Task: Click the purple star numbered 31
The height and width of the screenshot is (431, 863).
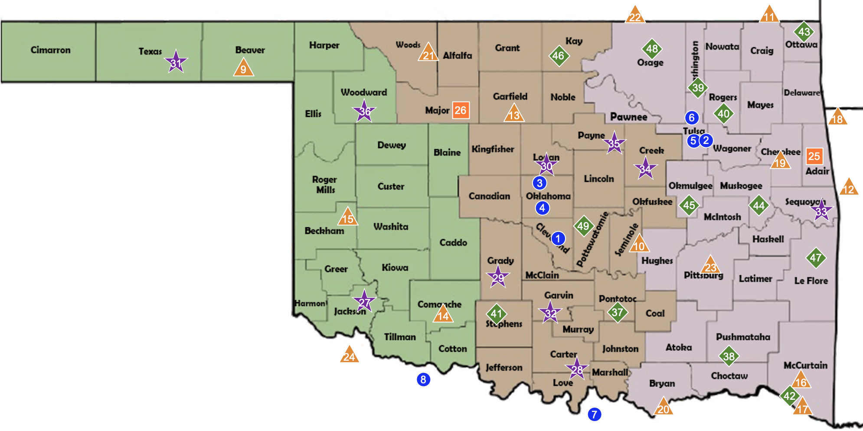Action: (176, 63)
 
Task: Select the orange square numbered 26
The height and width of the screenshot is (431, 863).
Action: (460, 110)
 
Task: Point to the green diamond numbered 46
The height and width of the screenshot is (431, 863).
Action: (559, 56)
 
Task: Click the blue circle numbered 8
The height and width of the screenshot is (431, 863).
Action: (423, 379)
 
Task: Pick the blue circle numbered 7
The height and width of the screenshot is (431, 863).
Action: (594, 414)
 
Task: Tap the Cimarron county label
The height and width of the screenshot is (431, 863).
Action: (50, 50)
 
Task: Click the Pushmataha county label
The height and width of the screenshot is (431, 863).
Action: (743, 337)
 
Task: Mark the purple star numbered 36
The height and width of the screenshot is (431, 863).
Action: (364, 111)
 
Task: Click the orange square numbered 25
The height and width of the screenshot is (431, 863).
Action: (814, 156)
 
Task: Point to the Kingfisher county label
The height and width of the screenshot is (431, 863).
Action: (493, 149)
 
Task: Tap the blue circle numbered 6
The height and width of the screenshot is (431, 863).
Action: (692, 117)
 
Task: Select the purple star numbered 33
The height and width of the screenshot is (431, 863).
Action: (821, 211)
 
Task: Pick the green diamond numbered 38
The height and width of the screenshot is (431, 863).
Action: (729, 356)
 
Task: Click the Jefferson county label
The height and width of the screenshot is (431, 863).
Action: (504, 367)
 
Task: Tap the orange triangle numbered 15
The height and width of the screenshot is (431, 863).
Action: (347, 217)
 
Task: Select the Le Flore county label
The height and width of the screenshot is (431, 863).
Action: (811, 281)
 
